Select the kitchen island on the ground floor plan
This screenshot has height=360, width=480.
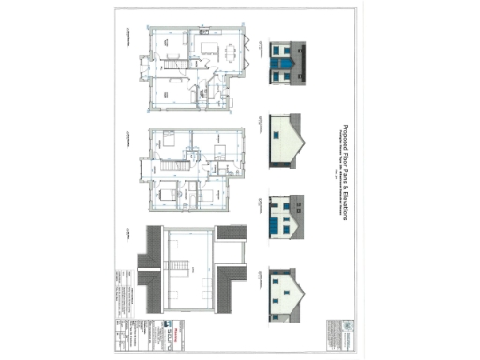[x=207, y=49]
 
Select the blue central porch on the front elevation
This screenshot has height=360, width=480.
[x=283, y=68]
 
